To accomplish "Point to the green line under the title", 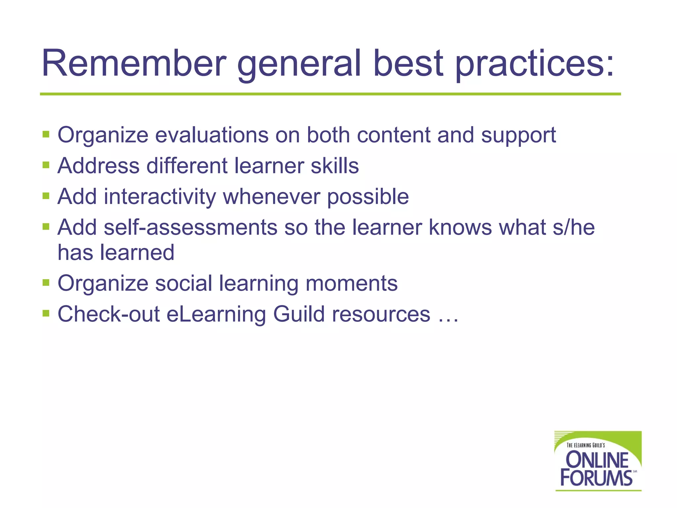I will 331,94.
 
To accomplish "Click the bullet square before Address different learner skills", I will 46,165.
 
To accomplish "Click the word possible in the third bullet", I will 368,196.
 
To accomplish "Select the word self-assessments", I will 190,228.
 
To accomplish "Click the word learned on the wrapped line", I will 137,253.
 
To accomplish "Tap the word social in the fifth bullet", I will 183,283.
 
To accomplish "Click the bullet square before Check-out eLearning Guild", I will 46,313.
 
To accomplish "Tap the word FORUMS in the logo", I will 596,478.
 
